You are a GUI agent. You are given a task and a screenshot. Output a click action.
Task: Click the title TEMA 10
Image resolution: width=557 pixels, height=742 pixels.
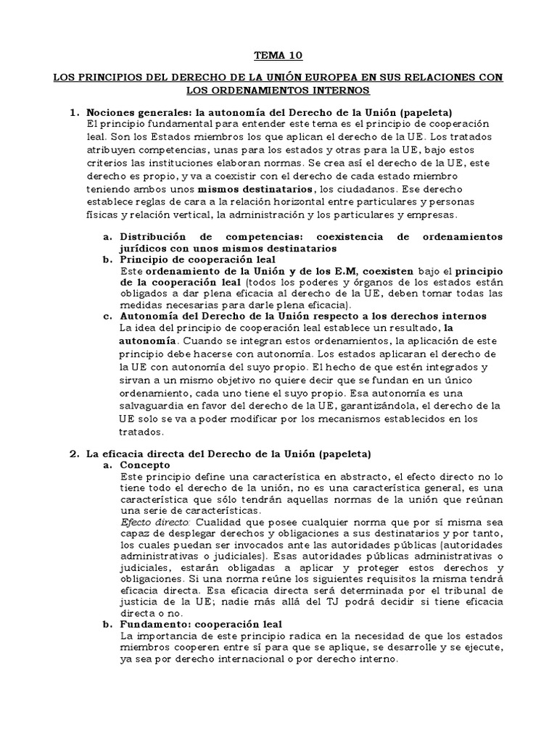click(278, 55)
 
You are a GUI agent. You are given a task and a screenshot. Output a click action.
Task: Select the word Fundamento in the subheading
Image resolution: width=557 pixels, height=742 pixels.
click(154, 623)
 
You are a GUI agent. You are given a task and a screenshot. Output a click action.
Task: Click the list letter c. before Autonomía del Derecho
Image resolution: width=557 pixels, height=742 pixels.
click(108, 316)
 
